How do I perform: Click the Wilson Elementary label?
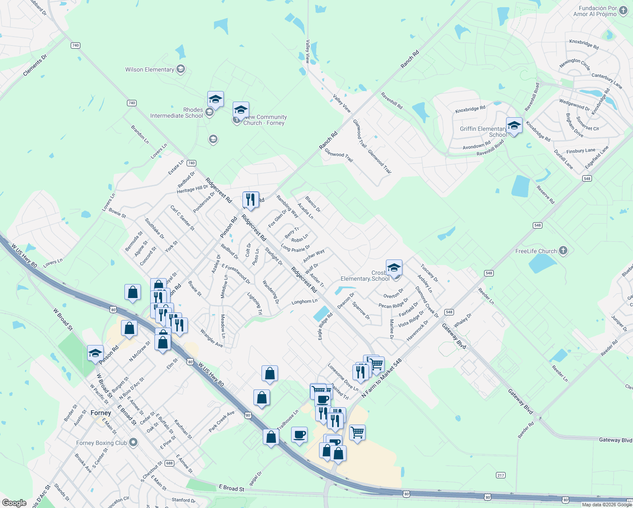point(149,69)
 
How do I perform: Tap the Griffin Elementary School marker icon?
point(514,126)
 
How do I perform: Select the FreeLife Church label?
point(536,251)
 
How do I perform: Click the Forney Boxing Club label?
point(102,443)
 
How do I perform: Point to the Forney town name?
point(101,413)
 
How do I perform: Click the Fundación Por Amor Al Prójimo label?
point(595,11)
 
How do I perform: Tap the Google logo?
point(14,502)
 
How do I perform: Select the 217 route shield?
point(501,475)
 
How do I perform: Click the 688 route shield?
point(169,463)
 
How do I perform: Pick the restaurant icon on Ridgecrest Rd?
point(250,199)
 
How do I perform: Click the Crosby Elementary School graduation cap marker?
point(394,268)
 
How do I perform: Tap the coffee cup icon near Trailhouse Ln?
point(300,435)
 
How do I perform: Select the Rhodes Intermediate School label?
point(176,113)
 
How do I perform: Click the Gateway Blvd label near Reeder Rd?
point(615,440)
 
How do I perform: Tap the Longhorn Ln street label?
point(304,302)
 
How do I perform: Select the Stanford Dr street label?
point(184,500)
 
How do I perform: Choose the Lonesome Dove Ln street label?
point(343,377)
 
